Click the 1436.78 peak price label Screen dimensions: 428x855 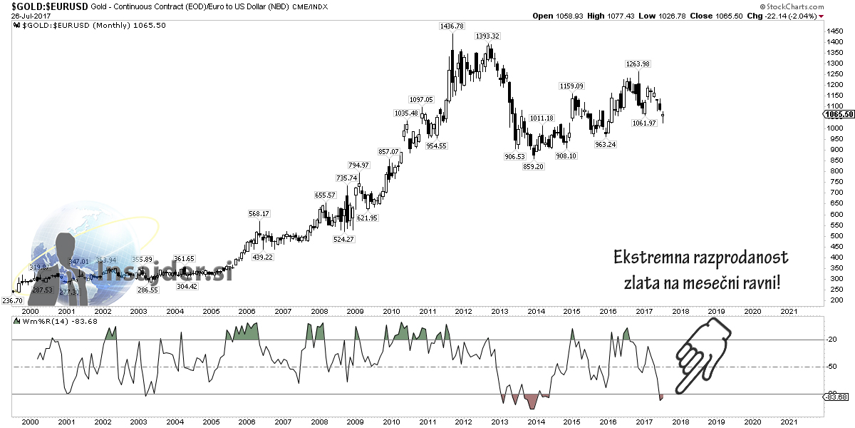coord(452,26)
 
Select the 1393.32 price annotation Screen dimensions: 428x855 coord(488,36)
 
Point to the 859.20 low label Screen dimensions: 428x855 coord(533,166)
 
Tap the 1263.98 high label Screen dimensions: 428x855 coord(637,64)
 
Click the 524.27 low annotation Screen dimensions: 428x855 coord(343,239)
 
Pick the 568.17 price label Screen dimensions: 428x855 coord(259,213)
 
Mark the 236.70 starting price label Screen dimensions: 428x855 coord(13,301)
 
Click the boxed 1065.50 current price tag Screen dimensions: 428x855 coord(839,114)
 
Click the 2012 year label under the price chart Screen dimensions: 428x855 coord(463,311)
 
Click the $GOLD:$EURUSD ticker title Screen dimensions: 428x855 coord(44,6)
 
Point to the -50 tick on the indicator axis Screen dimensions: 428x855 coord(831,367)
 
